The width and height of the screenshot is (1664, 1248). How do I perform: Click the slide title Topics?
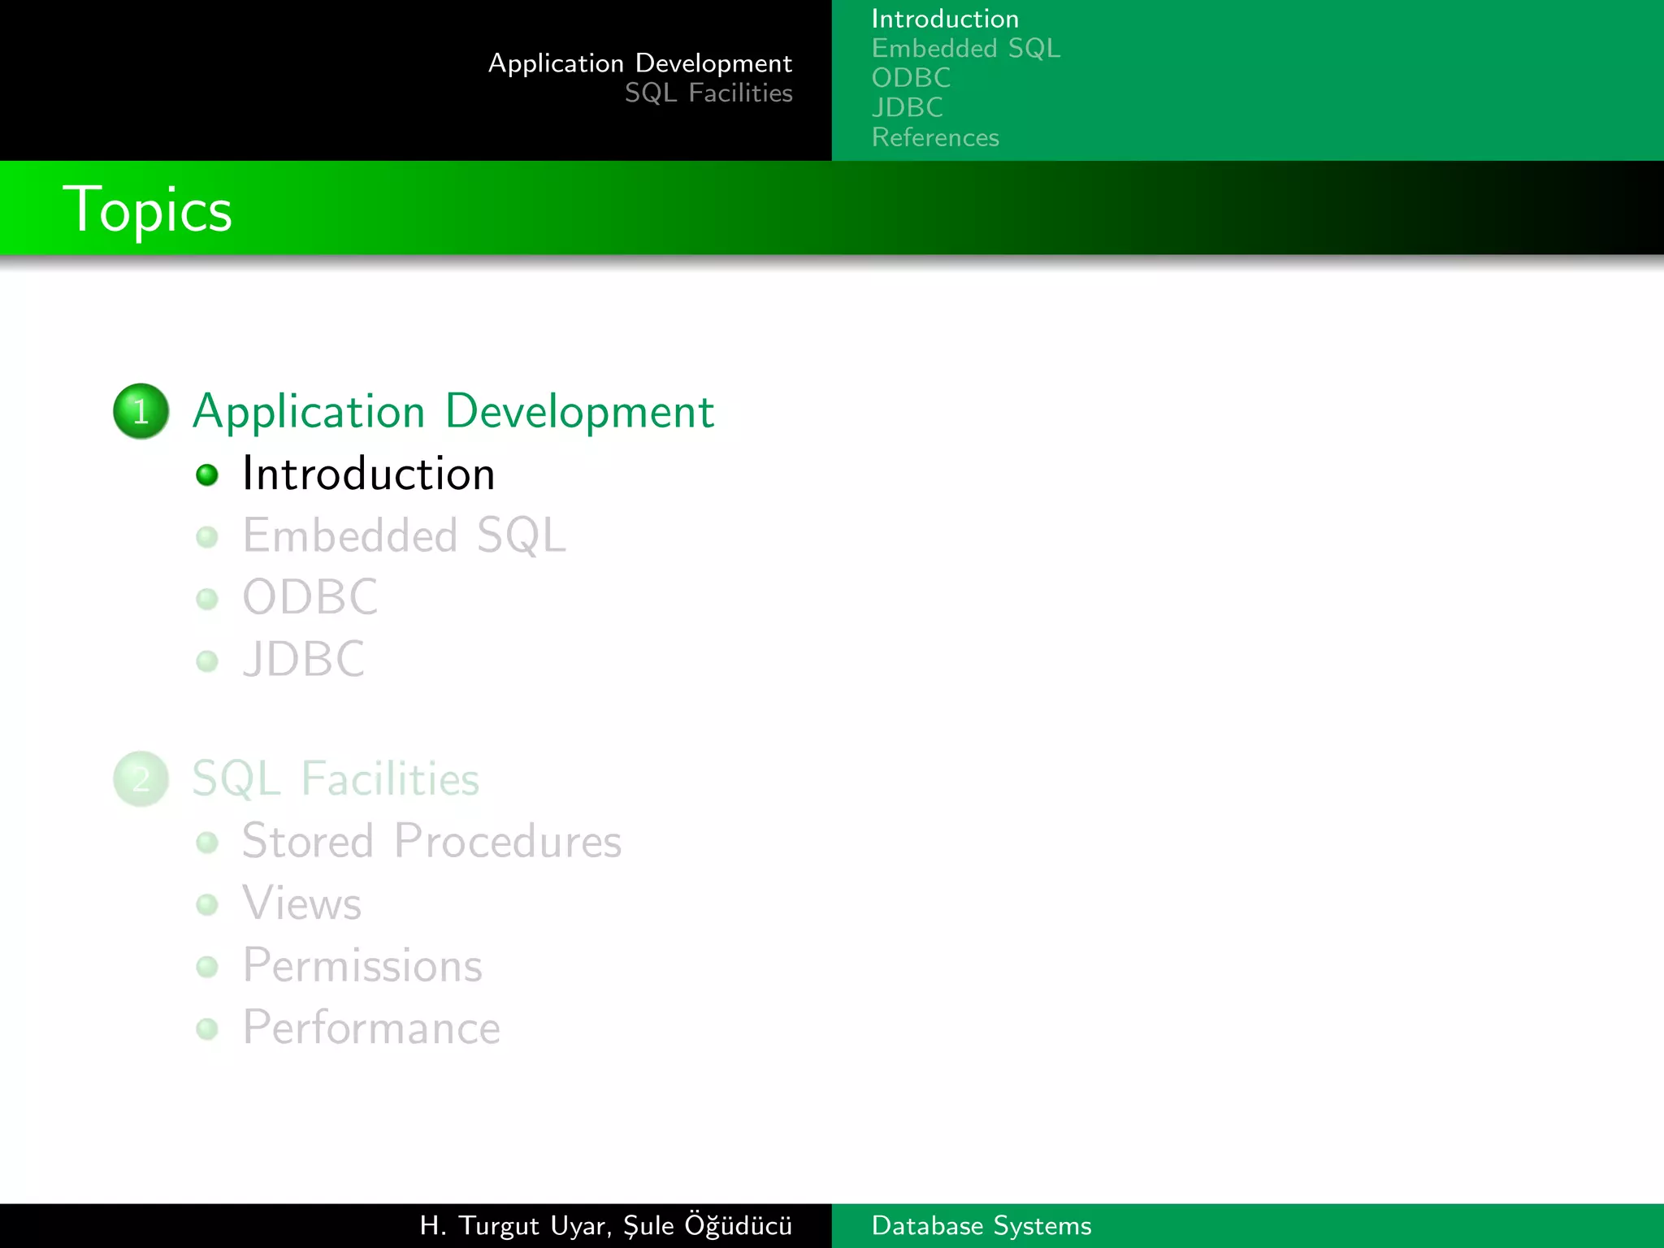click(x=147, y=210)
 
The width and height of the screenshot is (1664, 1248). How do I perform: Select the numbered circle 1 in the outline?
click(x=141, y=411)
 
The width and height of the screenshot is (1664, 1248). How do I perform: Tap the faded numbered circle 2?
click(x=141, y=779)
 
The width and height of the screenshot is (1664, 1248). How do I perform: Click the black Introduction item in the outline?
click(x=369, y=474)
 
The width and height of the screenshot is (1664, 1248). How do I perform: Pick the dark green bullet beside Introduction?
click(x=207, y=474)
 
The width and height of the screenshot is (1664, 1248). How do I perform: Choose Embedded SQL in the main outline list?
click(x=404, y=536)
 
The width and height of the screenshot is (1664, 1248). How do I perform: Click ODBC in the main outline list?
click(x=310, y=598)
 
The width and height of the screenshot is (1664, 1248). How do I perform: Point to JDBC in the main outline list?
click(x=304, y=659)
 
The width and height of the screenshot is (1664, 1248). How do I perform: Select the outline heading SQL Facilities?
click(x=336, y=779)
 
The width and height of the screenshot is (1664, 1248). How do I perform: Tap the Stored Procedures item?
click(x=431, y=841)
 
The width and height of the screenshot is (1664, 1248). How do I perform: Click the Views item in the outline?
click(x=301, y=903)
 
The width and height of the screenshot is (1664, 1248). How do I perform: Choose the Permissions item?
click(x=362, y=966)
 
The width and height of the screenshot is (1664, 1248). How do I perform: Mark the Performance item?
click(x=371, y=1028)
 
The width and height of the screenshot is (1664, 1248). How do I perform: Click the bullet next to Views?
click(x=207, y=904)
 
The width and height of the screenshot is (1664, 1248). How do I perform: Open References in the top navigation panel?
click(x=935, y=137)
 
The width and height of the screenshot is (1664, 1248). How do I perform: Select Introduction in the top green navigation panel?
click(x=945, y=19)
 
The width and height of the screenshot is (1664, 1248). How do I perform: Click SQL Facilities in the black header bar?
click(x=708, y=93)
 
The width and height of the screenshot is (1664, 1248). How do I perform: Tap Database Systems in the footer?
click(x=981, y=1225)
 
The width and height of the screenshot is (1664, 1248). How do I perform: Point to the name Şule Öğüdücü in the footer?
click(x=708, y=1225)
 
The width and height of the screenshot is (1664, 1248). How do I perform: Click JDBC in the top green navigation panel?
click(x=908, y=107)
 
